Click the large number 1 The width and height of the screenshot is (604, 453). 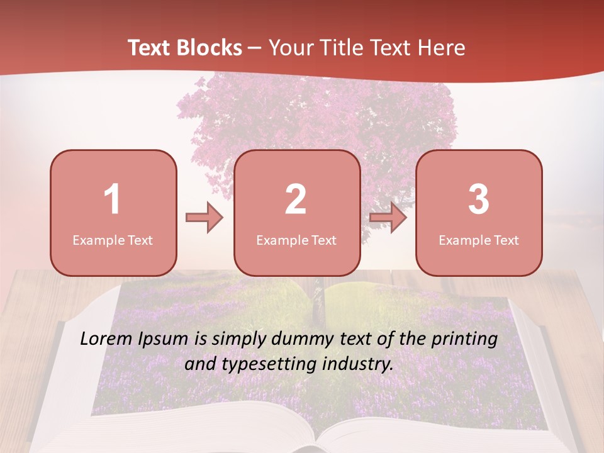[x=113, y=199]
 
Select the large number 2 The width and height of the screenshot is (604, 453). [x=296, y=199]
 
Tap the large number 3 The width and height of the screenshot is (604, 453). [x=479, y=199]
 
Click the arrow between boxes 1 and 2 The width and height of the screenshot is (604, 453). [x=204, y=218]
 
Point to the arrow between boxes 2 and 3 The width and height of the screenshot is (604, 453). [x=388, y=218]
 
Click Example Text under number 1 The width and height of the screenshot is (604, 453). [x=113, y=240]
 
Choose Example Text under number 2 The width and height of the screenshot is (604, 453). [x=296, y=240]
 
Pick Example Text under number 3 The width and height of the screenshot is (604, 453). [x=479, y=240]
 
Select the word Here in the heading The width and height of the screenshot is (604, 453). [x=442, y=48]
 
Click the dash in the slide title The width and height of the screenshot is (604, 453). [x=255, y=48]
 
